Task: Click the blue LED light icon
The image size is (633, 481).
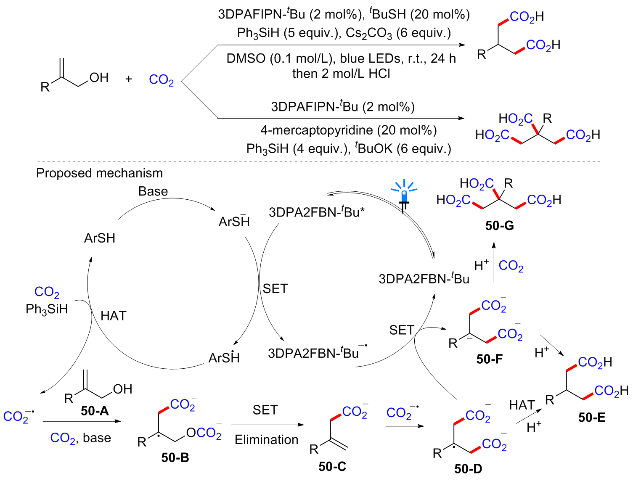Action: [x=404, y=196]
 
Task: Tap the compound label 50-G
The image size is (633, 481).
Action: [x=499, y=226]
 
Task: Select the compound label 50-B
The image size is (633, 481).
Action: [x=175, y=457]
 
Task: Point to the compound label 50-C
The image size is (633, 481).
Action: [x=332, y=466]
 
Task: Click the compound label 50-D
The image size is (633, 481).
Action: [x=468, y=469]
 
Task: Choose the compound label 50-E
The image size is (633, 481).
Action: [x=592, y=417]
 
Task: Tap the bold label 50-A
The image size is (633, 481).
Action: [x=95, y=410]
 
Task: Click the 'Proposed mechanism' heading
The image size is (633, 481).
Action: [x=99, y=173]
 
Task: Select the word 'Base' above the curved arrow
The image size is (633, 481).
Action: [x=153, y=191]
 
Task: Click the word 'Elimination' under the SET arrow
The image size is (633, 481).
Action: [x=266, y=440]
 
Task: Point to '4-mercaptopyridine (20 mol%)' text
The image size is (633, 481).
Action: [x=348, y=130]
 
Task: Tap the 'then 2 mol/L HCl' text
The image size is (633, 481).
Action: [x=341, y=74]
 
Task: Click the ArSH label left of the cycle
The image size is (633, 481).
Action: [x=100, y=238]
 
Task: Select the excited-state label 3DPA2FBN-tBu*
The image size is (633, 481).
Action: [x=316, y=212]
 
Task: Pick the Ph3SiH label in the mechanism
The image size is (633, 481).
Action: [x=47, y=309]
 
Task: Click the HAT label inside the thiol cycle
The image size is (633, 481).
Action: [x=113, y=315]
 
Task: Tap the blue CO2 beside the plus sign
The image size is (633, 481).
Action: [x=161, y=79]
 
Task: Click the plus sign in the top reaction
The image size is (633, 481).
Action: [x=129, y=79]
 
